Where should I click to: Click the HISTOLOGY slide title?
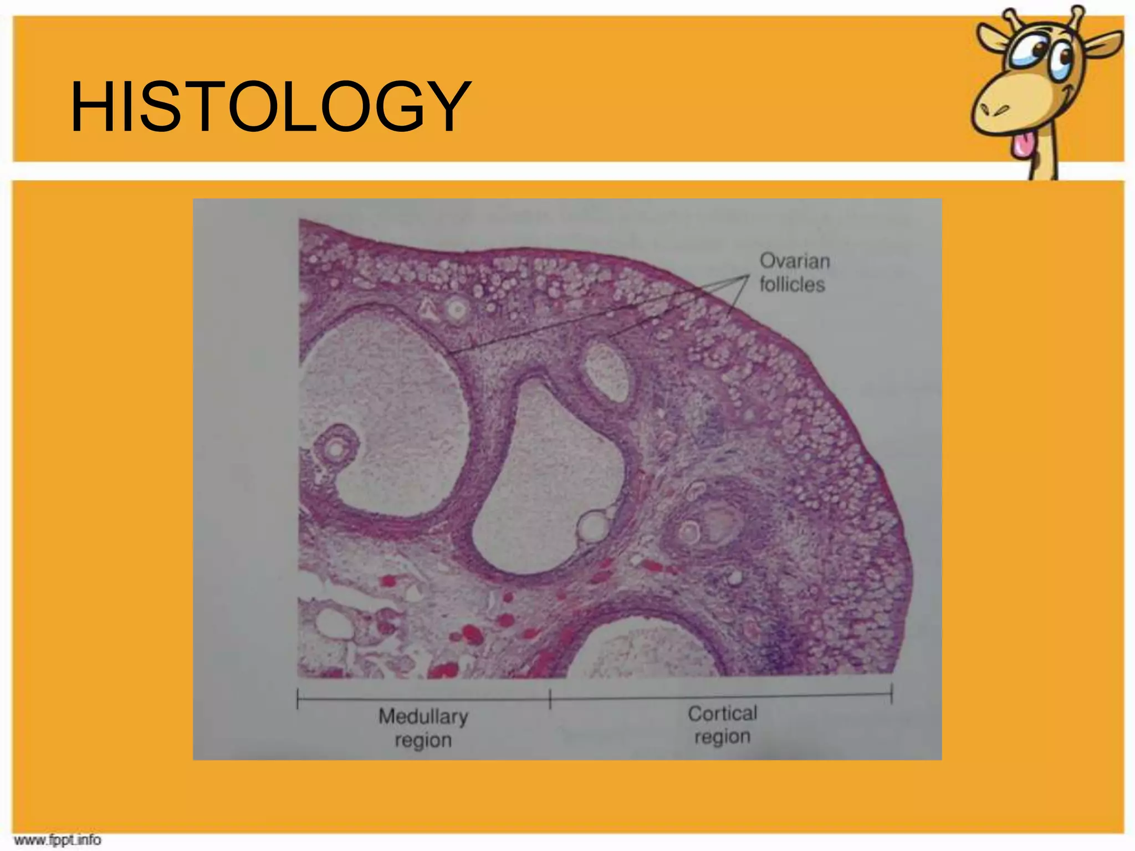tap(270, 106)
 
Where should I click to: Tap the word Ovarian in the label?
tap(794, 261)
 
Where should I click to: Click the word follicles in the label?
tap(792, 285)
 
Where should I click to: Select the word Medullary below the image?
tap(423, 716)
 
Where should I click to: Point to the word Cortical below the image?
tap(722, 714)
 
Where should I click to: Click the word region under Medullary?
tap(423, 740)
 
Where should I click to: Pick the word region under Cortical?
tap(722, 737)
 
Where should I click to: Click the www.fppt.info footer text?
tap(58, 840)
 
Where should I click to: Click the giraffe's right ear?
tap(1103, 44)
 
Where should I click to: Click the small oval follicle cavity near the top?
tap(606, 372)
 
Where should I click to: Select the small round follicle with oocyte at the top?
tap(457, 309)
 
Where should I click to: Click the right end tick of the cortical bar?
tap(892, 694)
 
